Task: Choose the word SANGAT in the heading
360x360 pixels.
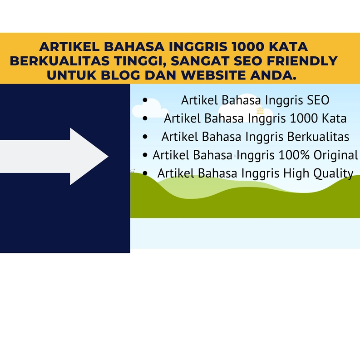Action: (x=199, y=60)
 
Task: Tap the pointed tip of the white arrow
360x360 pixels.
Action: (x=108, y=157)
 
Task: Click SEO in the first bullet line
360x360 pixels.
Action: (x=316, y=100)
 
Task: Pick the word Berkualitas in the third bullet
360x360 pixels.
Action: (x=321, y=137)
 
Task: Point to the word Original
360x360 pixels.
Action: (x=336, y=155)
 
